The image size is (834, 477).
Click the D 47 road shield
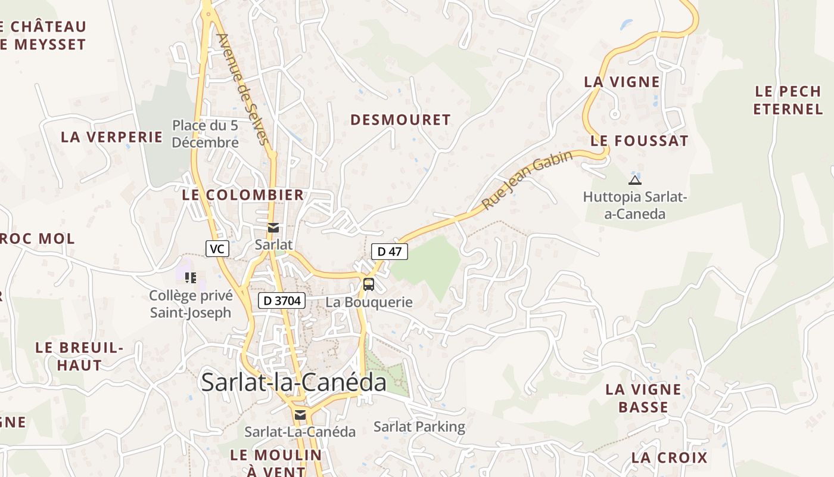click(x=390, y=252)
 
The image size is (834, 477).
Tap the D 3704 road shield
click(x=282, y=301)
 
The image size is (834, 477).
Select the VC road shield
click(x=217, y=249)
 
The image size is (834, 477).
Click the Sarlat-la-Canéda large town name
click(x=294, y=382)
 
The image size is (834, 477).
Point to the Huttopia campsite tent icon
click(x=635, y=180)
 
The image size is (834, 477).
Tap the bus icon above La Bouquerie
click(x=369, y=284)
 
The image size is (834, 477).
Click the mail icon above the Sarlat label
click(x=273, y=228)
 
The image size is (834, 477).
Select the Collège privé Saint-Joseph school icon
click(x=191, y=277)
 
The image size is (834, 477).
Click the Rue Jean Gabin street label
click(x=527, y=180)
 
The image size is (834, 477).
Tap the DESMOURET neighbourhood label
click(x=400, y=120)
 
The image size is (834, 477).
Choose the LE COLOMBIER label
click(x=243, y=195)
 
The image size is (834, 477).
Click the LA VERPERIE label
click(x=112, y=137)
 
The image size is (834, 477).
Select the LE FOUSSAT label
click(x=639, y=141)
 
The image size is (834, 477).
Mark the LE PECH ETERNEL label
click(x=788, y=100)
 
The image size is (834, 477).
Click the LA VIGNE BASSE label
click(x=643, y=398)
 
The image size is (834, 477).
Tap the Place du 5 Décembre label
click(x=206, y=134)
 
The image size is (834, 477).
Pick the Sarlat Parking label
click(x=419, y=427)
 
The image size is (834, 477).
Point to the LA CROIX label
click(x=669, y=458)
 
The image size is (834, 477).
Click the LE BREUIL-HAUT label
click(x=79, y=357)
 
